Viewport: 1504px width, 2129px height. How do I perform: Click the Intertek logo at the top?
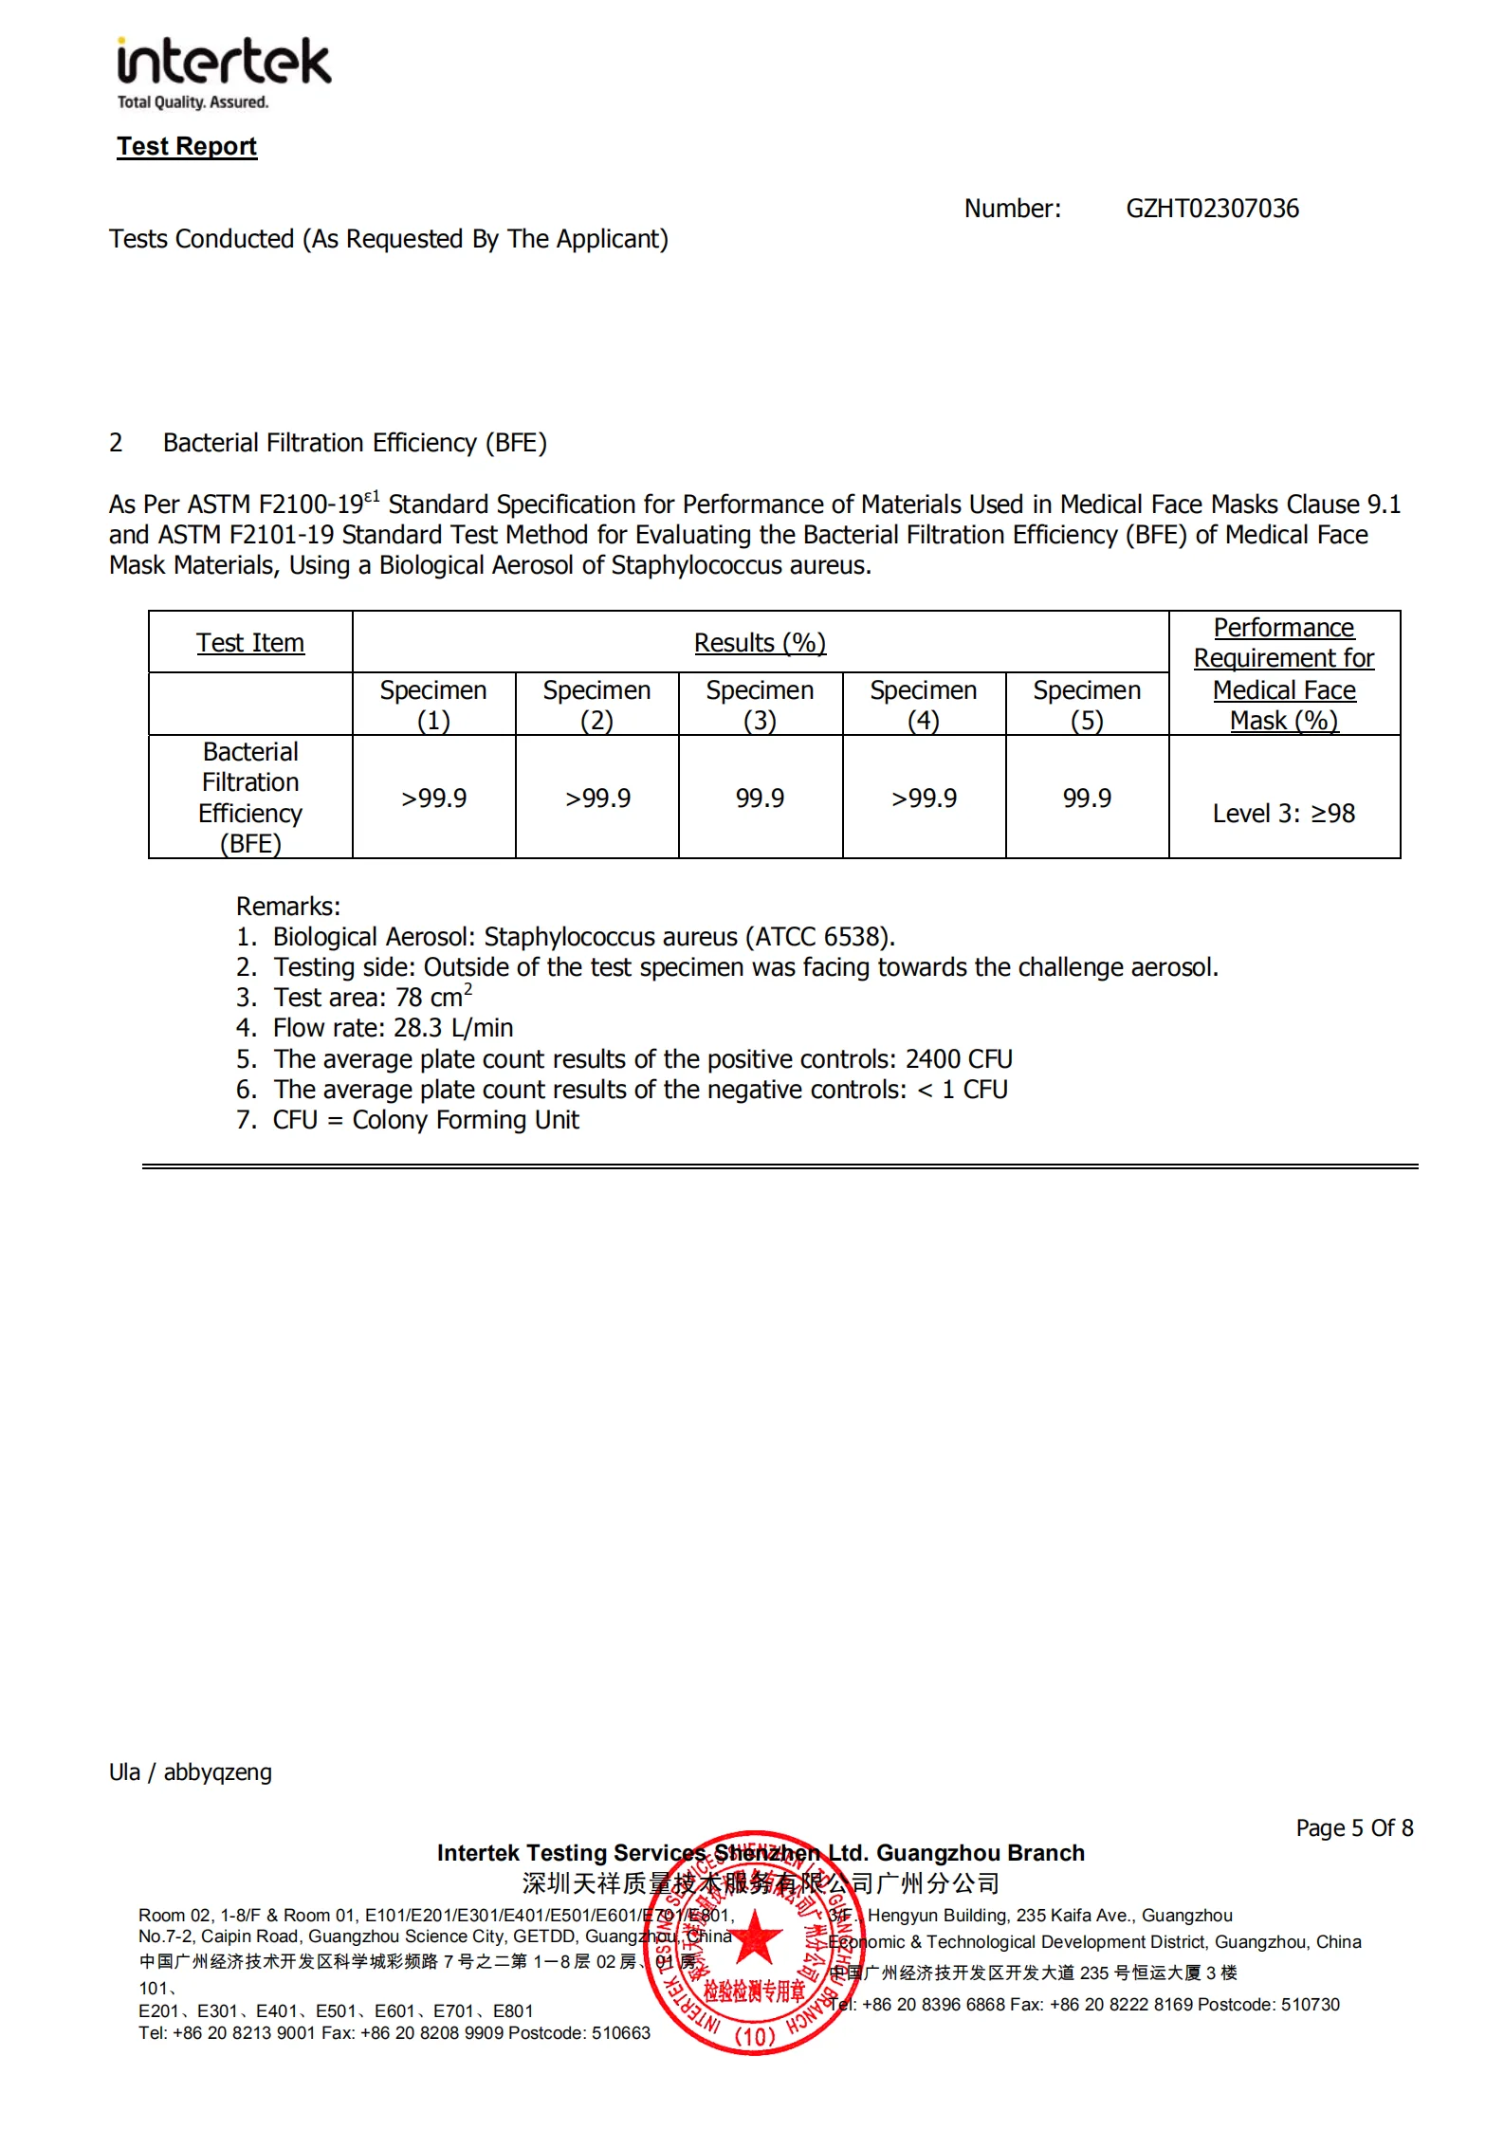224,72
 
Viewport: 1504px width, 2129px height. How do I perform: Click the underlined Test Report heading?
187,146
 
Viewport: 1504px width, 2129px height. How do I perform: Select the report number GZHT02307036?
1212,209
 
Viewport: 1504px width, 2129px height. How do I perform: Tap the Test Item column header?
250,643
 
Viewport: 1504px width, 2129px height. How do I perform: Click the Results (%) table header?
760,643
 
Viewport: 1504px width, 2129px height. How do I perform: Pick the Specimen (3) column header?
760,705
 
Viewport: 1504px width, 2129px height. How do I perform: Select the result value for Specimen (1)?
433,798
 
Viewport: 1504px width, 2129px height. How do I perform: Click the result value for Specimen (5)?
1087,798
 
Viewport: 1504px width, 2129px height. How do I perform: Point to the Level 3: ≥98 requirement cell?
1283,814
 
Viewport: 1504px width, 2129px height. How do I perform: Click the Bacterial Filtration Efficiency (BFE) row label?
250,798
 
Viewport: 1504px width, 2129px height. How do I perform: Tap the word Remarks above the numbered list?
287,906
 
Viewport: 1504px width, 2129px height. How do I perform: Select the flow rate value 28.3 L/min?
453,1028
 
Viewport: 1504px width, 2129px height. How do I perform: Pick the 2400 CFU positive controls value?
959,1059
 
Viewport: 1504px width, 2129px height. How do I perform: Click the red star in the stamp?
755,1936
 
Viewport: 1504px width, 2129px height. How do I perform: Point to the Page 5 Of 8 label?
1354,1827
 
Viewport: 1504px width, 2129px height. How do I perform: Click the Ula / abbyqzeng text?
191,1772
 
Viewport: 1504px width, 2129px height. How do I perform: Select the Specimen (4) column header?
924,705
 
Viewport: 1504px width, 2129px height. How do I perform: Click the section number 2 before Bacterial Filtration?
116,443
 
